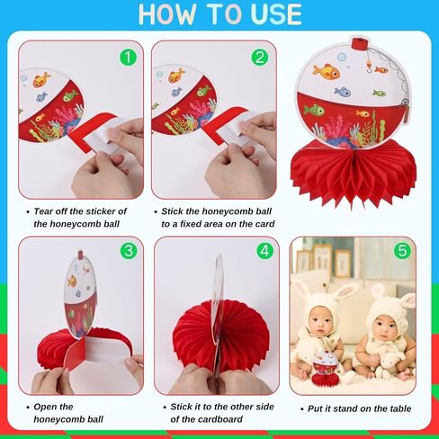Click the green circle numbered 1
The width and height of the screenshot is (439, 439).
point(128,58)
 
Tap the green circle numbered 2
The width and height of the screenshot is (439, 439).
point(260,58)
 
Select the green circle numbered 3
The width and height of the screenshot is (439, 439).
point(129,251)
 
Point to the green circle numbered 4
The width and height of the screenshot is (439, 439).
point(265,251)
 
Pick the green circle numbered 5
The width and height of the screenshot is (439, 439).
point(402,251)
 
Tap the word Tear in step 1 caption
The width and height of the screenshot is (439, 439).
point(44,211)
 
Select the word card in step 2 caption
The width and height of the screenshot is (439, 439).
point(264,224)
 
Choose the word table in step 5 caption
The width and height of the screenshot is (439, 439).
point(400,408)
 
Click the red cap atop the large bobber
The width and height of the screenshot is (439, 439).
point(360,43)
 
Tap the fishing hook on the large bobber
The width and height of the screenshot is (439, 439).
point(369,68)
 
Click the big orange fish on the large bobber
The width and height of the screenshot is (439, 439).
point(327,72)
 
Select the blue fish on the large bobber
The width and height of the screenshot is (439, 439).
point(343,92)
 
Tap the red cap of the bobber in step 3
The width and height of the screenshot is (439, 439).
point(80,255)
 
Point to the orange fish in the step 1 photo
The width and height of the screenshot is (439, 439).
point(40,80)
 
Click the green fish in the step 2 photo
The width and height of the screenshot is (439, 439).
point(203,90)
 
